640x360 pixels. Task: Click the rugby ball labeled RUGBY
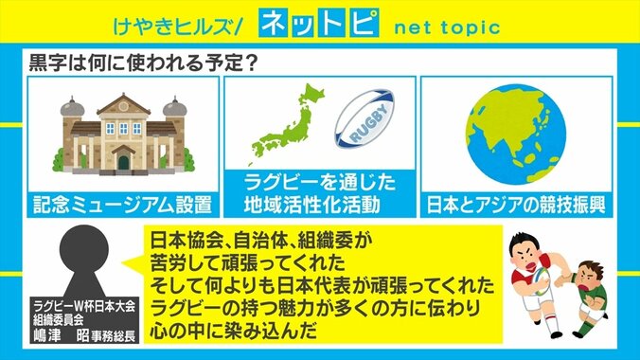point(367,120)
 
